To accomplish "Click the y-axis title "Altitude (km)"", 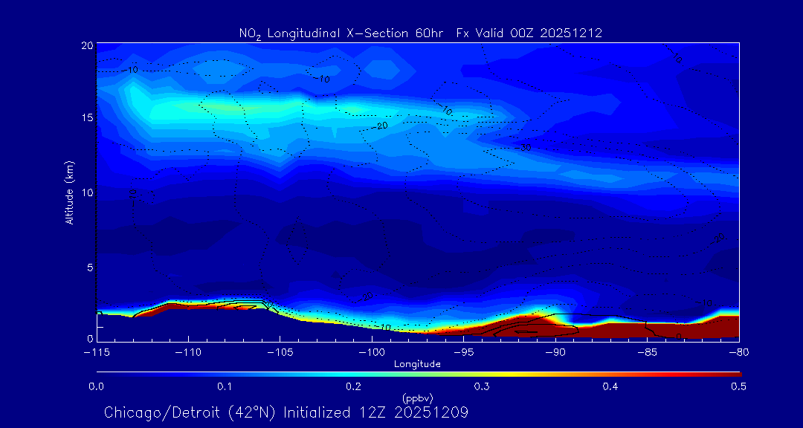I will click(x=69, y=192).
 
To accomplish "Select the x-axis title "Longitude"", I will click(x=417, y=364).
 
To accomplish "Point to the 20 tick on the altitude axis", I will click(x=86, y=45).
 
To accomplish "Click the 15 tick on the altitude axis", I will click(x=86, y=118).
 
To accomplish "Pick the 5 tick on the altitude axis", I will click(x=88, y=266).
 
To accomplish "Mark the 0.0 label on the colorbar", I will click(x=97, y=386).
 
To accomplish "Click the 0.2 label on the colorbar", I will click(x=353, y=386).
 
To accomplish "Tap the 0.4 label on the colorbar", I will click(x=610, y=386).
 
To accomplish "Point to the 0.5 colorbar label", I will click(x=739, y=386).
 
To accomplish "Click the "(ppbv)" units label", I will click(x=417, y=398).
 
